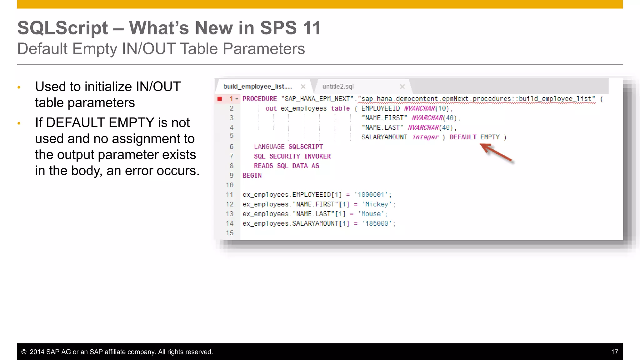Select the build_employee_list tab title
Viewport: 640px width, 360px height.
257,87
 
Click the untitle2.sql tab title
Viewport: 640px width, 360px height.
338,87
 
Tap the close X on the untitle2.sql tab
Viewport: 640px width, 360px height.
402,87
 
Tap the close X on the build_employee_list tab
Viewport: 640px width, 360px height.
303,87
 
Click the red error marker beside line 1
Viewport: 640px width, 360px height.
220,99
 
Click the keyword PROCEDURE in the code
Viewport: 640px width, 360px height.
259,99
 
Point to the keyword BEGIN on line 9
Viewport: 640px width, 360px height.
252,176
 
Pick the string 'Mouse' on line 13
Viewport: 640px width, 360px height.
371,214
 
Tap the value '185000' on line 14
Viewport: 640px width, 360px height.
377,223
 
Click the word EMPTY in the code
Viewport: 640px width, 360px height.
490,137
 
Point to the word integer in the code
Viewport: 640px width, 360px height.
425,137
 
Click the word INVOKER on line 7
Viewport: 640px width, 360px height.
317,156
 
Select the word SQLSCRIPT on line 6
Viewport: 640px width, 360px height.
305,147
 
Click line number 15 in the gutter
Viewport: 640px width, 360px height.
230,233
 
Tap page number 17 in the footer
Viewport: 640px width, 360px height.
614,352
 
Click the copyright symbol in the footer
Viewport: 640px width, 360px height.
24,352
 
